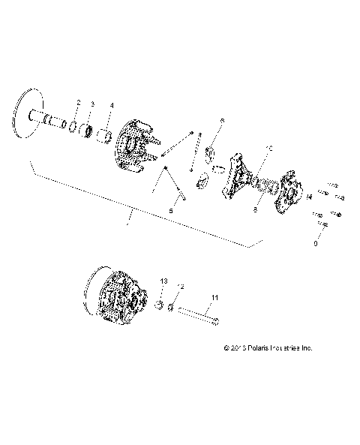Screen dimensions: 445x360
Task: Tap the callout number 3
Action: pos(92,104)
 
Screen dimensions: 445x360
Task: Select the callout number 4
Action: pos(112,105)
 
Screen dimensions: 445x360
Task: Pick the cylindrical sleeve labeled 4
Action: pos(107,136)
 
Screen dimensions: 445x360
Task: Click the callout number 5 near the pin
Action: pos(171,212)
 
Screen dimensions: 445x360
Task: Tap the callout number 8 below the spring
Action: pos(254,213)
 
